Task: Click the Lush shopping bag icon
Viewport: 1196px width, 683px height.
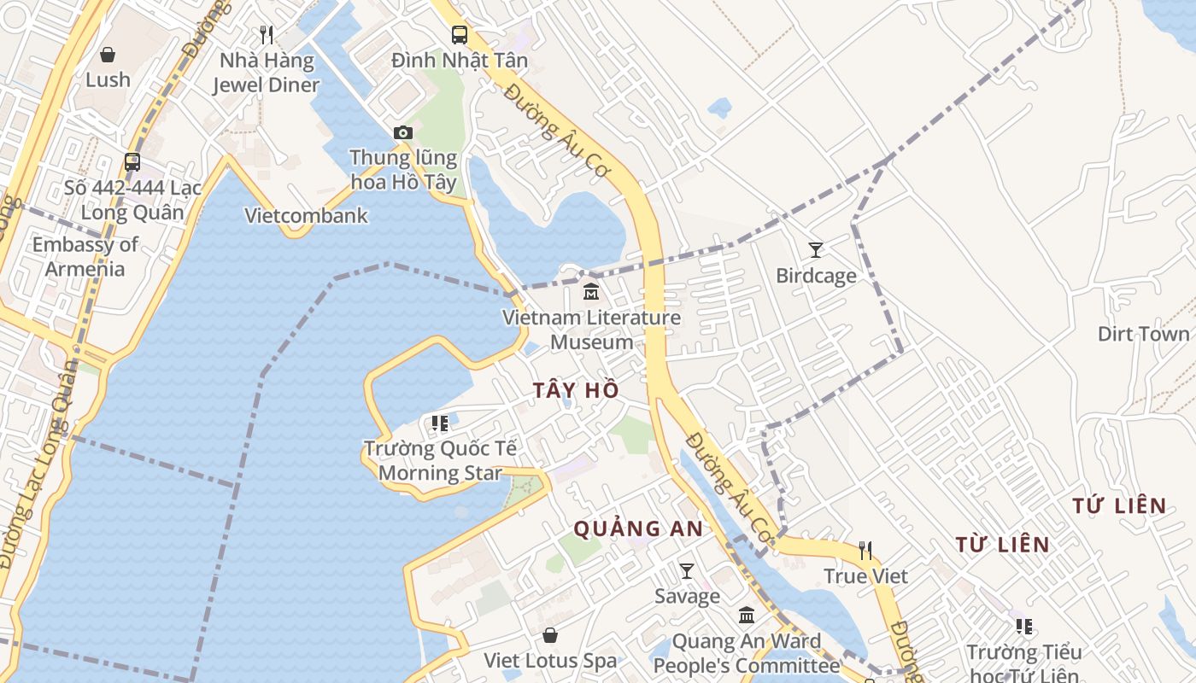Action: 108,55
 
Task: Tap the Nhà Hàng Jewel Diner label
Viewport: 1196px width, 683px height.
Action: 266,73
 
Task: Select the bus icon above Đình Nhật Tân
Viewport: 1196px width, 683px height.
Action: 460,35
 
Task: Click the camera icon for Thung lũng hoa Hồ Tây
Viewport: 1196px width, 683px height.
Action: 403,132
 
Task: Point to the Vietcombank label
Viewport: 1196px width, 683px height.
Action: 306,215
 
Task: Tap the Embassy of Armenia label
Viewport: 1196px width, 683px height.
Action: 85,256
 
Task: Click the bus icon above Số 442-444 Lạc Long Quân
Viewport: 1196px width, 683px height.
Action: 132,161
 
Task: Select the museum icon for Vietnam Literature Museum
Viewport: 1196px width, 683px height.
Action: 590,292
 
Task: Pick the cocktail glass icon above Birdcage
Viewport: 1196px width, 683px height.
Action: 816,250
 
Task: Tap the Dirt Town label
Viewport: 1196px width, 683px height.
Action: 1143,333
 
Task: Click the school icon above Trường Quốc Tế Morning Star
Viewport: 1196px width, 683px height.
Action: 440,423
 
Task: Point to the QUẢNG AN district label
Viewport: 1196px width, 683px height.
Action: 637,528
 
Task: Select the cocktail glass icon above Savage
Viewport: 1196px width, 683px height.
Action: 687,570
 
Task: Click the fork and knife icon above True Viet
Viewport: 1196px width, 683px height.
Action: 866,550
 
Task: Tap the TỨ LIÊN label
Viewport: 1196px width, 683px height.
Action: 1119,505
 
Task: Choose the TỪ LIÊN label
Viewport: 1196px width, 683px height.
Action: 1002,544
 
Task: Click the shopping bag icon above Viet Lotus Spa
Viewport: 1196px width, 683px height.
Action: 550,635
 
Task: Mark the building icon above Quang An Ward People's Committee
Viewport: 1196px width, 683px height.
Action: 747,615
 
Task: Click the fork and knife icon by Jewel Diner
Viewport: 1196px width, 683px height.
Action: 267,34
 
